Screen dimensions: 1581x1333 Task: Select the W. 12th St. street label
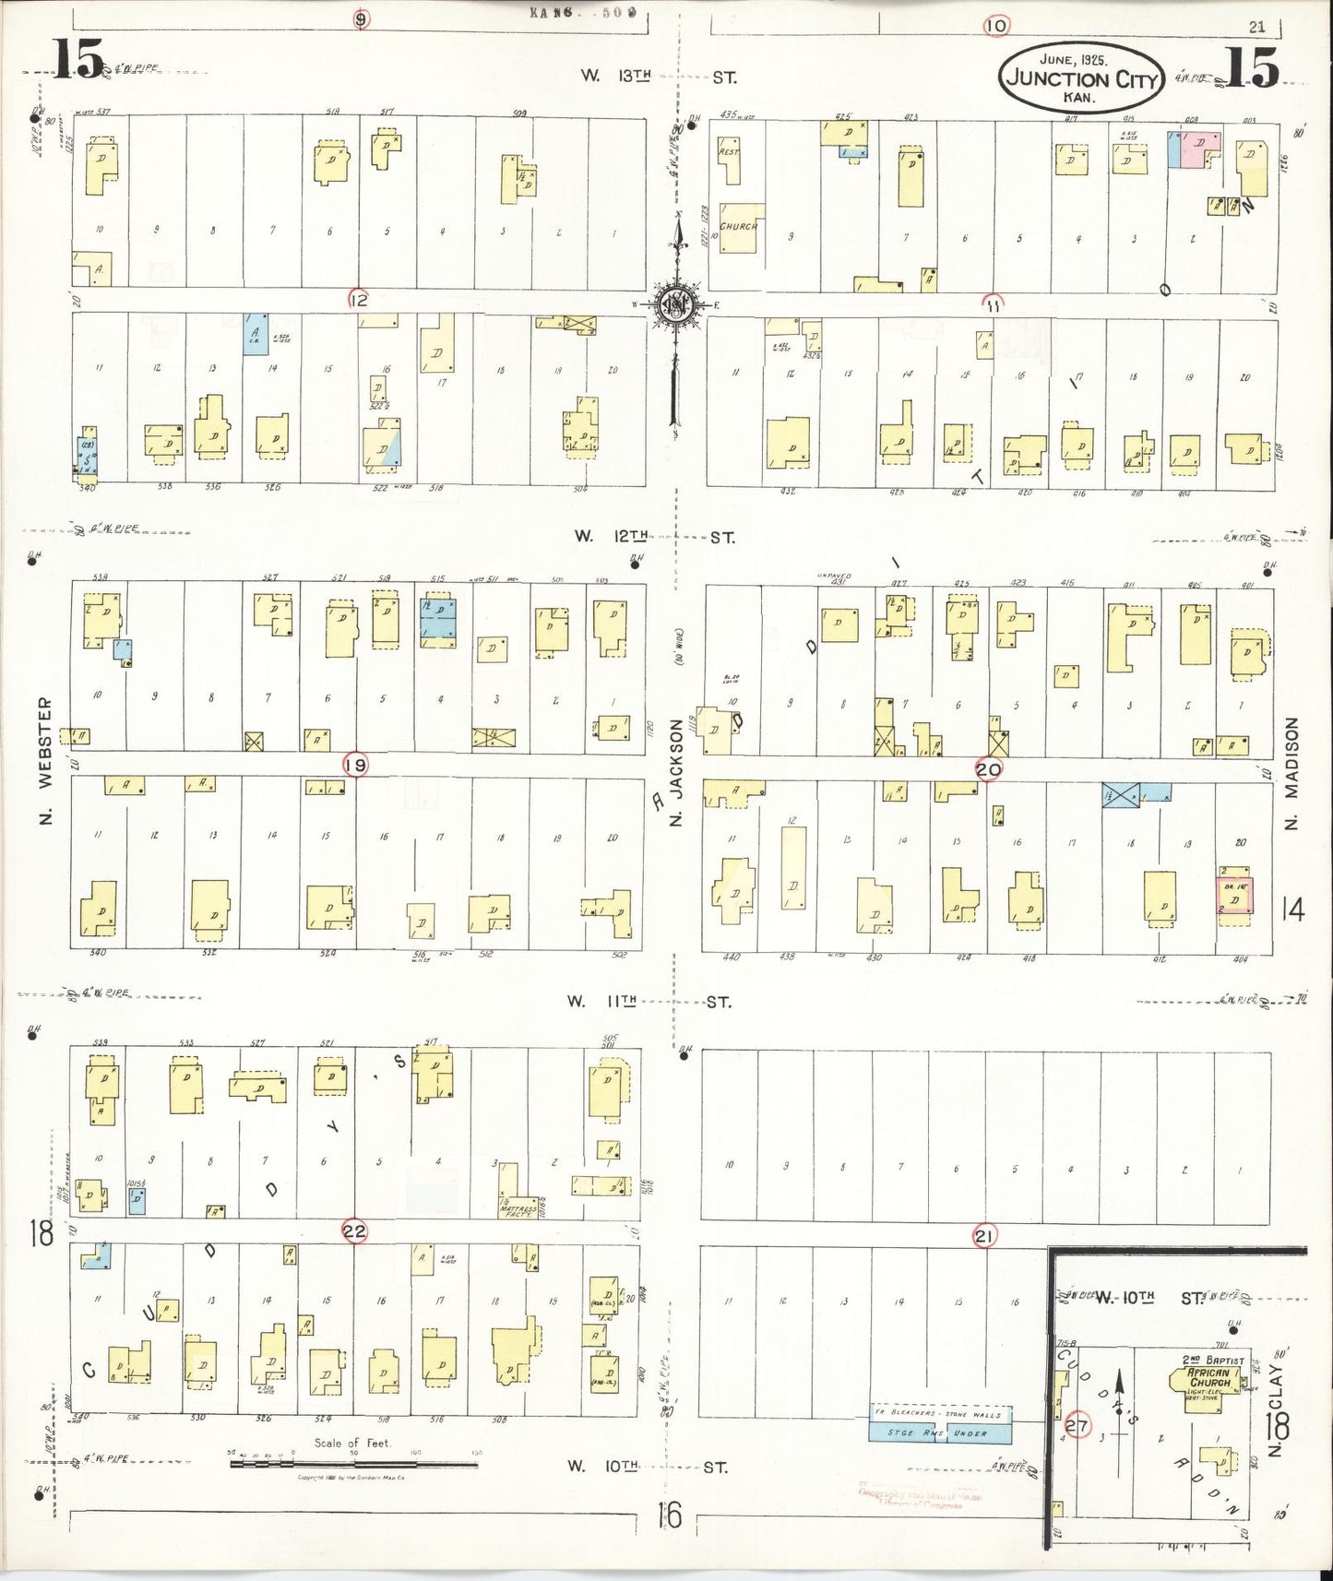(654, 537)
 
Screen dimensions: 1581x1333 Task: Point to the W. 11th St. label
(650, 1001)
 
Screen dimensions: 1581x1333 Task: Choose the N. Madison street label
(1291, 773)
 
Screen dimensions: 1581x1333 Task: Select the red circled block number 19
(354, 765)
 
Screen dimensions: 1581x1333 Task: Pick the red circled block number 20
(989, 769)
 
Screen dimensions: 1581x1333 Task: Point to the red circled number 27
(1077, 1423)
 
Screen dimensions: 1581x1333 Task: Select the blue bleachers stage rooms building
(941, 1432)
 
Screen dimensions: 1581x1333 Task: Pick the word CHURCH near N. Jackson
(739, 226)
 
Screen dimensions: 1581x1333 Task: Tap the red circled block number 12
(358, 299)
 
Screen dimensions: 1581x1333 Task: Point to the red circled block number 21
(983, 1236)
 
